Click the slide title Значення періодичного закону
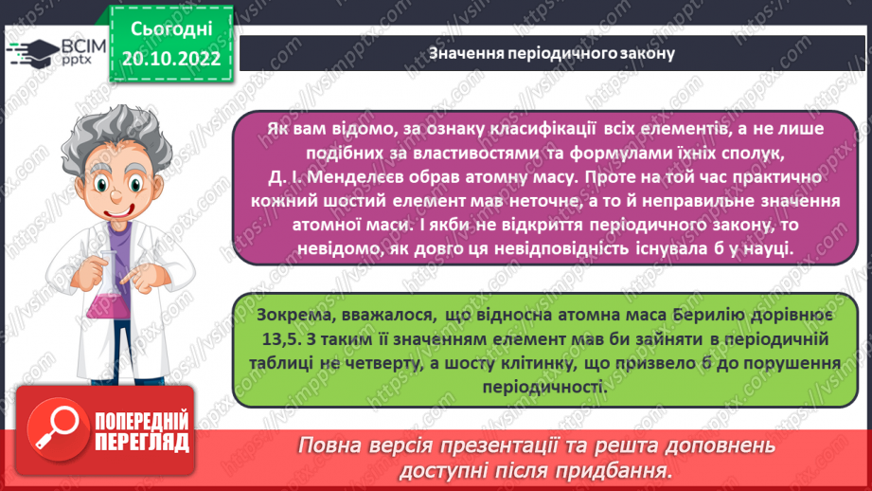click(551, 53)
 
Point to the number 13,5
click(276, 337)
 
